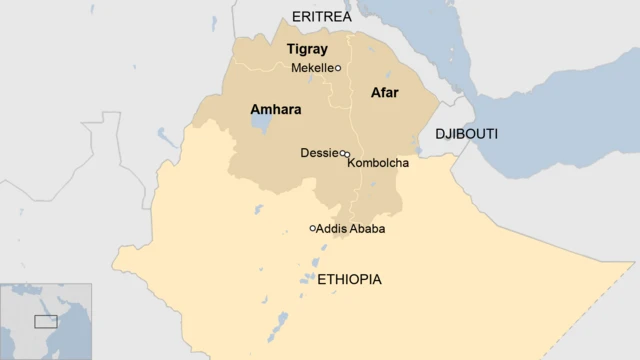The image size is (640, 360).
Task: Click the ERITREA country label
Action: tap(321, 16)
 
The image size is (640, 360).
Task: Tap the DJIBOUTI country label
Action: tap(466, 134)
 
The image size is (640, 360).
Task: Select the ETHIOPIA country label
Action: tap(348, 280)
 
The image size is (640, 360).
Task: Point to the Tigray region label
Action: tap(307, 49)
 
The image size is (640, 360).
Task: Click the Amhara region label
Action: tap(275, 108)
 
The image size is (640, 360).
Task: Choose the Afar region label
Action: tap(385, 93)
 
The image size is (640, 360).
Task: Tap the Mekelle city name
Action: tap(311, 68)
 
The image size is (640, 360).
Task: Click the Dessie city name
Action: tap(319, 153)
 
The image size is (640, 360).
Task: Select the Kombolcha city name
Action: tap(378, 163)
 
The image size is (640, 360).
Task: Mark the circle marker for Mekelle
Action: tap(338, 68)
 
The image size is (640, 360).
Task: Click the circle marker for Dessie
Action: tap(342, 153)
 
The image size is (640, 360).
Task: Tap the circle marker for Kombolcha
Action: tap(347, 155)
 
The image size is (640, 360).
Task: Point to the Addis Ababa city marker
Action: tap(312, 229)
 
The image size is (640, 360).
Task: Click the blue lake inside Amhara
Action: tap(260, 126)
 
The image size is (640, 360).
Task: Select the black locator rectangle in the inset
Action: tap(46, 321)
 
